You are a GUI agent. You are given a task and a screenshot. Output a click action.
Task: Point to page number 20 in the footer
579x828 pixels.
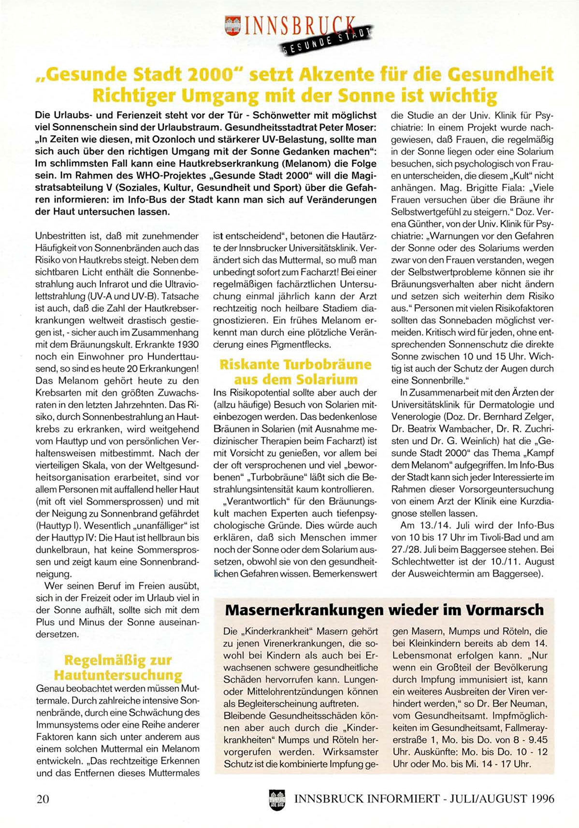point(43,799)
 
